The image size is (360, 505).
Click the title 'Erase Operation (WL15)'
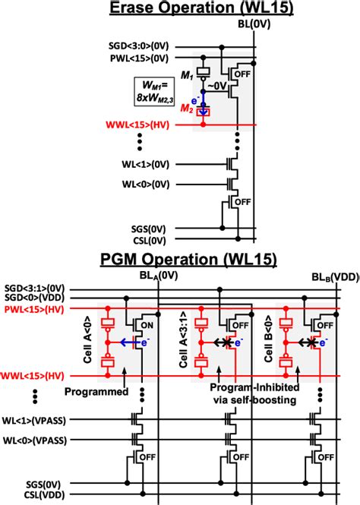[179, 8]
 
